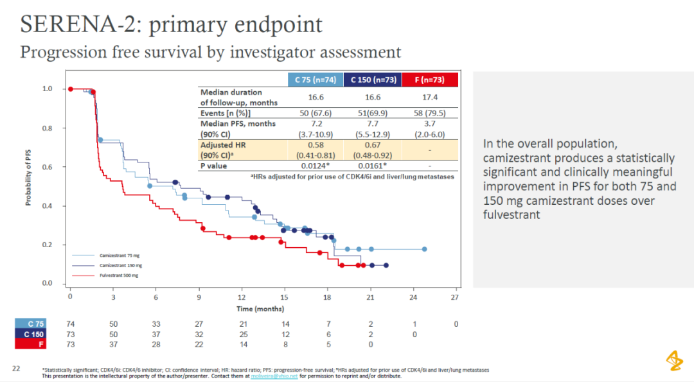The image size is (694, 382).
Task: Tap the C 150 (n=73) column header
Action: (372, 80)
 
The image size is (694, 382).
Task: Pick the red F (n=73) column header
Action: (430, 80)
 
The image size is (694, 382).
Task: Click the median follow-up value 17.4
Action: (430, 97)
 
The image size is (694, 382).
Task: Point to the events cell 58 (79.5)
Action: (430, 113)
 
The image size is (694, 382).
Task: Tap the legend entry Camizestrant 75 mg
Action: (120, 256)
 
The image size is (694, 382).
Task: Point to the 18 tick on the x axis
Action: (327, 297)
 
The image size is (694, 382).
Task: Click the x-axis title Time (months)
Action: (260, 309)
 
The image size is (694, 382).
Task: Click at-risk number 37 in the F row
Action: (113, 345)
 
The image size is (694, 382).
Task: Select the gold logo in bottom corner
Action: (674, 360)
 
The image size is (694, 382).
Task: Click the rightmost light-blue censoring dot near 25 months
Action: (424, 249)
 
